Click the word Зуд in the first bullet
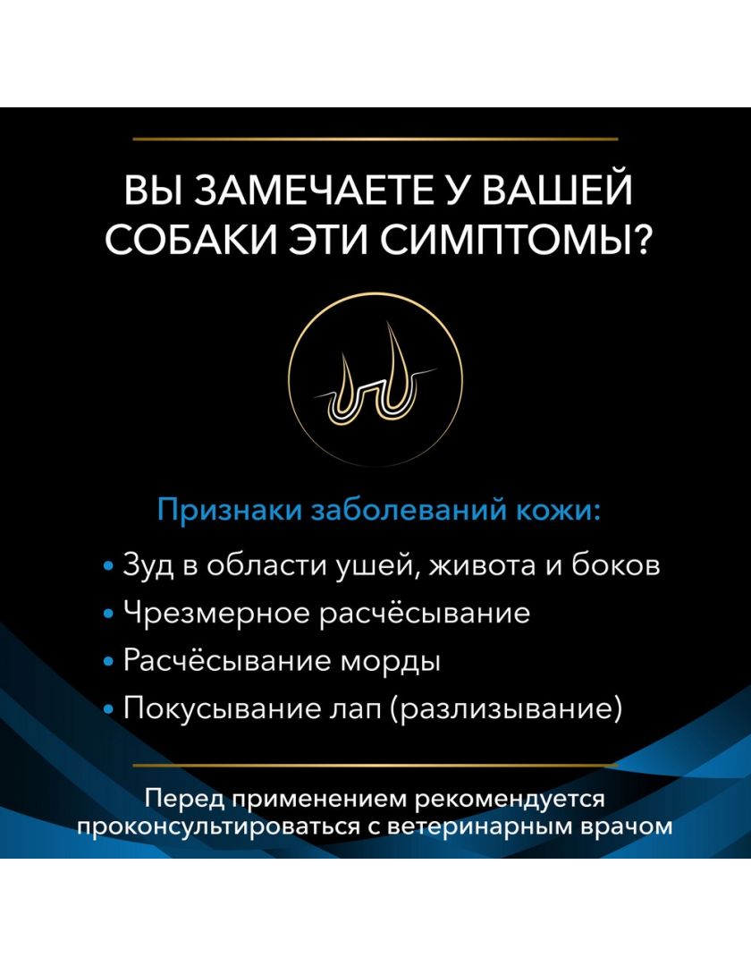(x=148, y=565)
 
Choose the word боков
(x=616, y=565)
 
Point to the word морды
(x=391, y=662)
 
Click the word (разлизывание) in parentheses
(x=506, y=709)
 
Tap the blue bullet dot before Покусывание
(x=109, y=711)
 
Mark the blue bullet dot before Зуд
(x=109, y=566)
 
